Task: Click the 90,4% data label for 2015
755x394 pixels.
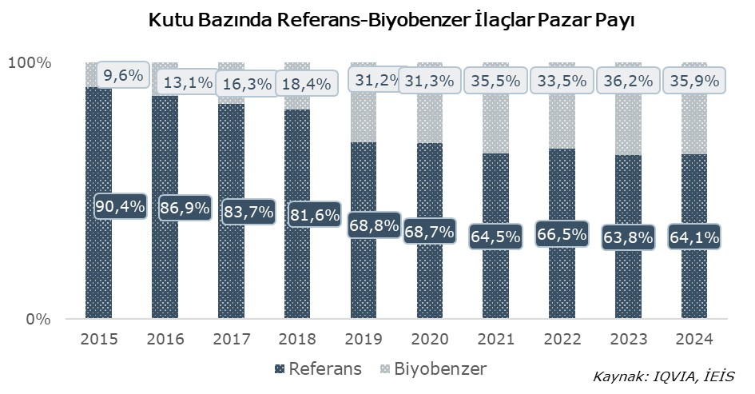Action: [x=120, y=205]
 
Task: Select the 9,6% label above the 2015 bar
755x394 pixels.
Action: [x=122, y=76]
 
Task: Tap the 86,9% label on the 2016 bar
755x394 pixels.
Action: [x=185, y=208]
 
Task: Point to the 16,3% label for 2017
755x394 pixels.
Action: [x=246, y=82]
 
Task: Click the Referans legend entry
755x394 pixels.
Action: [x=317, y=369]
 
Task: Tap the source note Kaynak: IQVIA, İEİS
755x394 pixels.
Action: [x=663, y=376]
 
